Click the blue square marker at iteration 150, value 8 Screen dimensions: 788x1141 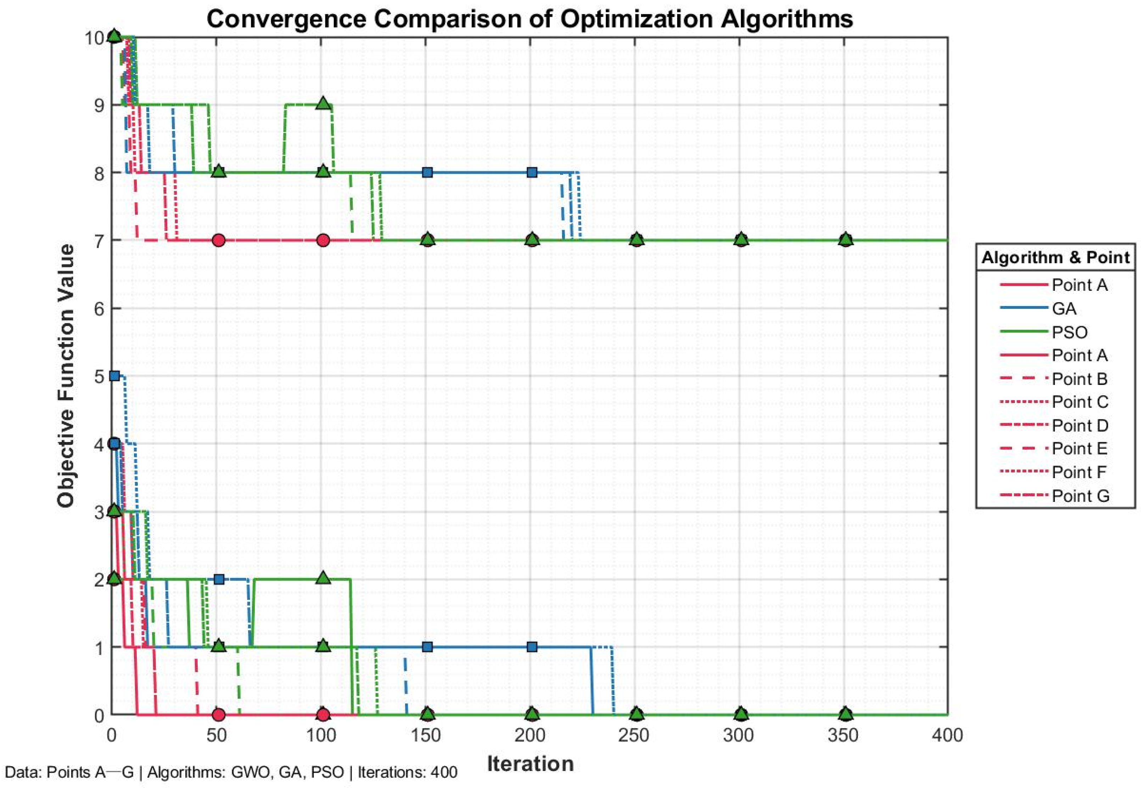pos(427,172)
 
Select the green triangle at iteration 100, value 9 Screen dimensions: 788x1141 pos(323,103)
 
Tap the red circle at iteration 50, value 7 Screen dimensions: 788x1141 pos(219,240)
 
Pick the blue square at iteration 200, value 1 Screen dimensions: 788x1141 pos(532,647)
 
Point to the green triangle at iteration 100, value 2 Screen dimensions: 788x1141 pos(323,577)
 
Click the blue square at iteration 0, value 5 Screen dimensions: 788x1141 pos(114,376)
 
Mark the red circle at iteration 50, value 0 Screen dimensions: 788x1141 pos(219,714)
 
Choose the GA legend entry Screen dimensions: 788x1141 pos(1064,308)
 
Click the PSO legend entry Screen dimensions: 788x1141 pos(1069,332)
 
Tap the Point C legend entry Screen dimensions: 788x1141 pos(1080,402)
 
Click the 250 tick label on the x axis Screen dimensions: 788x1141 pos(634,736)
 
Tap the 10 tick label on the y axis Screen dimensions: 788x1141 pos(94,38)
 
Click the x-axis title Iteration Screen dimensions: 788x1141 pos(530,764)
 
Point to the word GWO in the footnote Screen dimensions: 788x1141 pos(250,772)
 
